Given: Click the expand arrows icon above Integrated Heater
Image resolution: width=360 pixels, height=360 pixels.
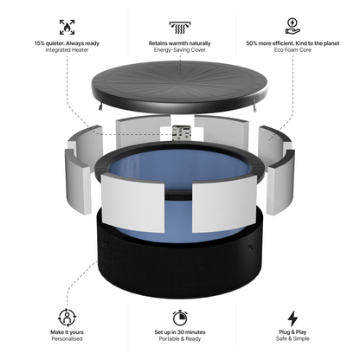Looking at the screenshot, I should click(66, 26).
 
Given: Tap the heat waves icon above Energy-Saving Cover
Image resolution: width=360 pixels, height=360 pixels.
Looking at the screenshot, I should click(181, 26).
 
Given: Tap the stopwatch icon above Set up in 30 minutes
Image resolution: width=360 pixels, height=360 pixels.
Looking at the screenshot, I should click(181, 317).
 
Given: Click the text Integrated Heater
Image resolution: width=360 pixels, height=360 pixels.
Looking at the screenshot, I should click(66, 50).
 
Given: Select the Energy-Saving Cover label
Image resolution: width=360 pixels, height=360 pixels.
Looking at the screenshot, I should click(181, 50).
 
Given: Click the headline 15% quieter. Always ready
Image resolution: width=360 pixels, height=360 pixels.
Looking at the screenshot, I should click(66, 42).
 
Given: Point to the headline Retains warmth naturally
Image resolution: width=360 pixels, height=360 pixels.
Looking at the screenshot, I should click(181, 42).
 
